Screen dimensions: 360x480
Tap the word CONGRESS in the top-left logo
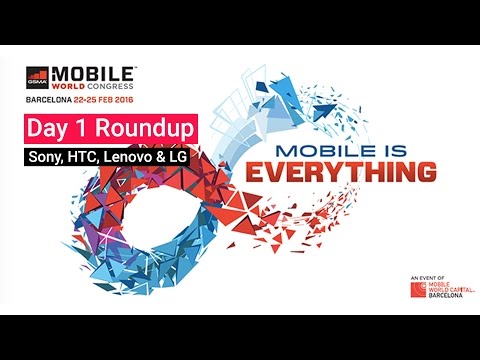tap(112, 87)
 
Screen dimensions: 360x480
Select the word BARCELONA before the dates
tap(53, 101)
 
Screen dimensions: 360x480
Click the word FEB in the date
tap(121, 101)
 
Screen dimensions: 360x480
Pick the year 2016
tap(145, 101)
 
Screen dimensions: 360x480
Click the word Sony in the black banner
tap(49, 157)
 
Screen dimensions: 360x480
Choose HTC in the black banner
tap(89, 157)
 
